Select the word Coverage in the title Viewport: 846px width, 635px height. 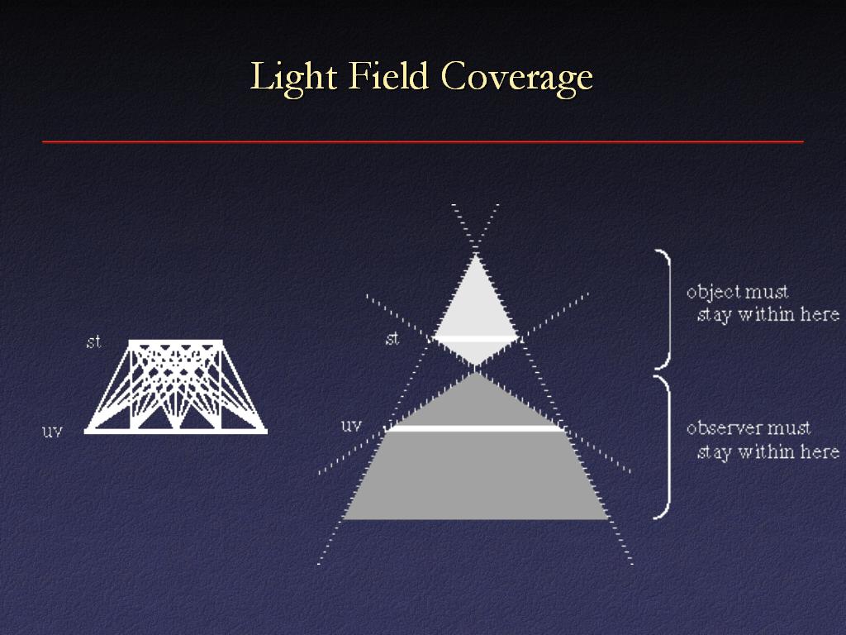tap(517, 79)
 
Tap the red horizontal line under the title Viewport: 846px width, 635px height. tap(423, 142)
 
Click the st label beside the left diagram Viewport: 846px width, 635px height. tap(93, 341)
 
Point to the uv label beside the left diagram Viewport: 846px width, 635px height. tap(52, 431)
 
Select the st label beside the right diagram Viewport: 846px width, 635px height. tap(392, 338)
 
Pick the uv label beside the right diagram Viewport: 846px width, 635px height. tap(351, 426)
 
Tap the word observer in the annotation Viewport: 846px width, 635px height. tap(721, 427)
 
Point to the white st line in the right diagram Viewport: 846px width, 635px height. tap(475, 339)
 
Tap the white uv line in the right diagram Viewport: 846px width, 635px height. tap(475, 429)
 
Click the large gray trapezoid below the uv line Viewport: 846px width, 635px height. tap(476, 475)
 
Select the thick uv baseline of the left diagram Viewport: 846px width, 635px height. tap(176, 431)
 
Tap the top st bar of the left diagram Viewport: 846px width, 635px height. tap(176, 342)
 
